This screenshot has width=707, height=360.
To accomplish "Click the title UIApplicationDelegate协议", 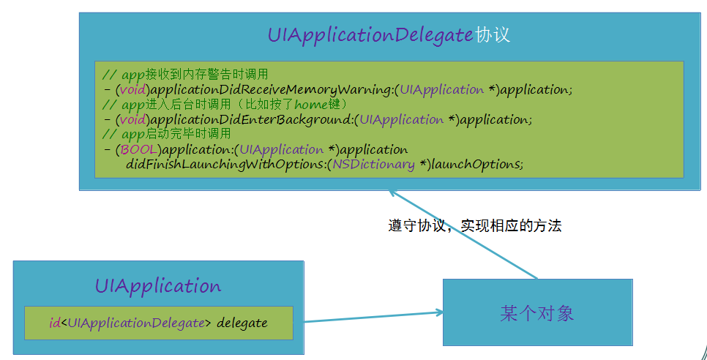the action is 389,35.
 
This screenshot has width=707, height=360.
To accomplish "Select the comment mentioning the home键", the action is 225,105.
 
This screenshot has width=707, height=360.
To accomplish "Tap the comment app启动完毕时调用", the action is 167,134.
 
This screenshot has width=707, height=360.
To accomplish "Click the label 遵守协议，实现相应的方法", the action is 475,225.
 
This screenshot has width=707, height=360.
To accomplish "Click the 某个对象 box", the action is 537,312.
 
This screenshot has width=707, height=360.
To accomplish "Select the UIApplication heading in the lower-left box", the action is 158,286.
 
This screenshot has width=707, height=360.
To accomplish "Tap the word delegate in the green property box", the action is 242,323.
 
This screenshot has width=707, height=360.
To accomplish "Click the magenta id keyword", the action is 55,323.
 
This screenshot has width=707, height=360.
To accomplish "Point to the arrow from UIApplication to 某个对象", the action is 373,318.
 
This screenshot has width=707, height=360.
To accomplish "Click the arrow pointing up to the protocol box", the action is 463,234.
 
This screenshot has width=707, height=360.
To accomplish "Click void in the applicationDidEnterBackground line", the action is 133,120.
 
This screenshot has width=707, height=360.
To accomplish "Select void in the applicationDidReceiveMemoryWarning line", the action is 133,90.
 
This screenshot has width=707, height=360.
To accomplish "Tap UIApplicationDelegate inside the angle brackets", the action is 135,323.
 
